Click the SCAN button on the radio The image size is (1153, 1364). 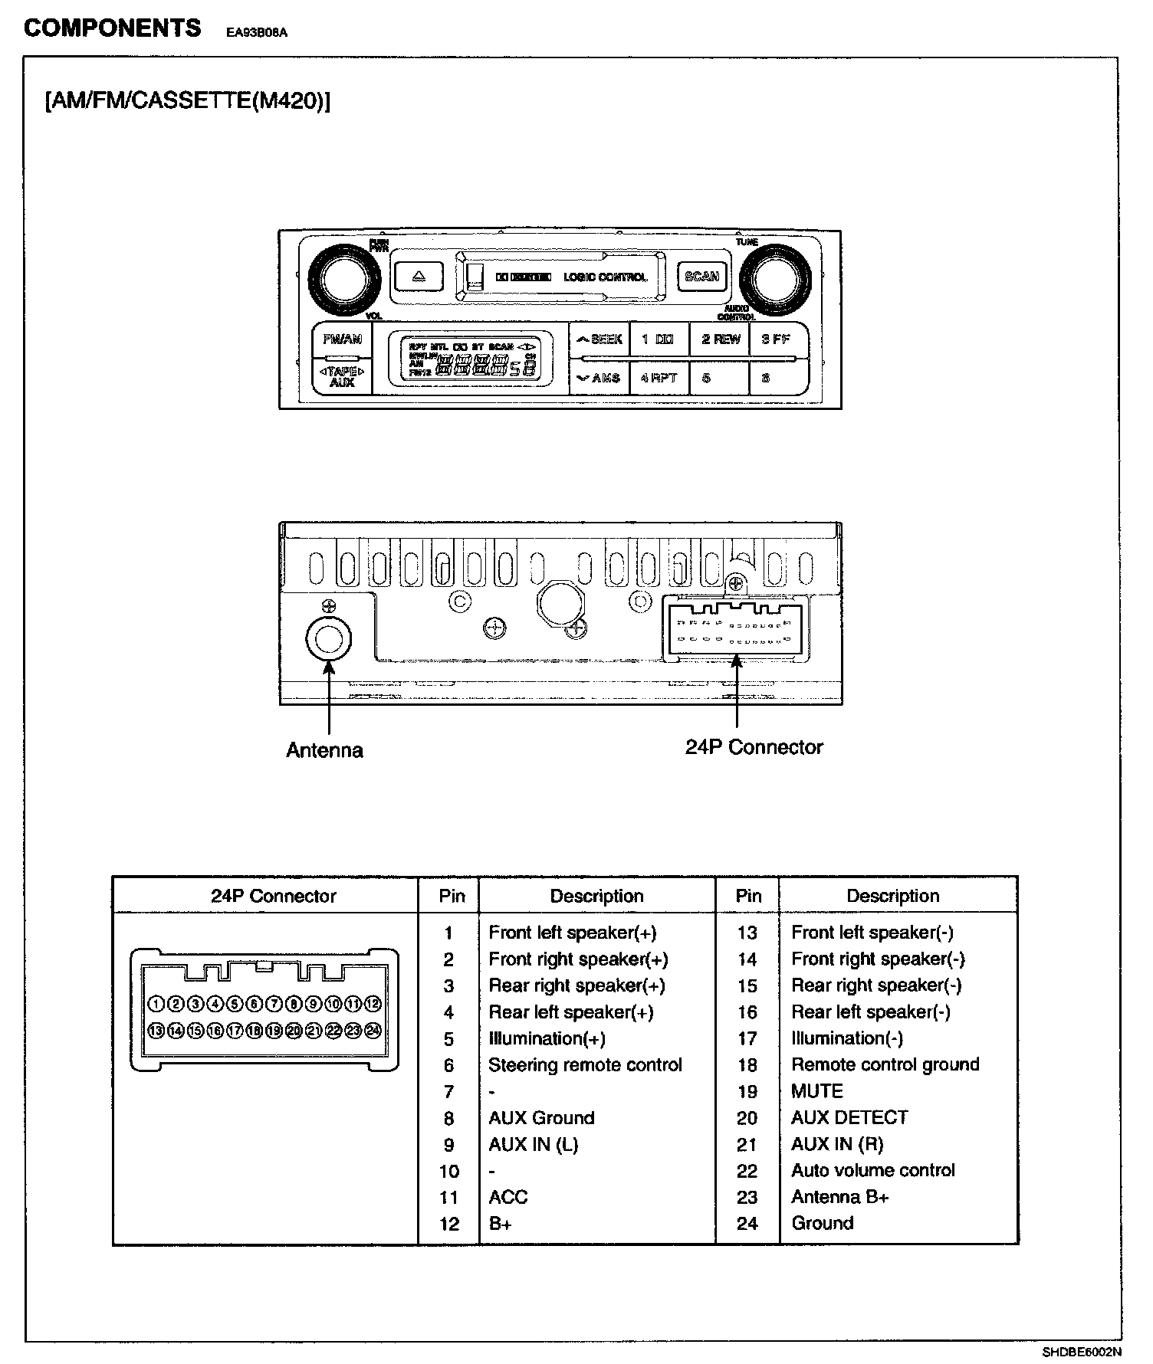[701, 277]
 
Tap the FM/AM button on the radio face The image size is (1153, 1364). [342, 339]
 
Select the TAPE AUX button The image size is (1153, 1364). [342, 376]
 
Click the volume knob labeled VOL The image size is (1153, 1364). [344, 280]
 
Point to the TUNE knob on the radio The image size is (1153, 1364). [774, 280]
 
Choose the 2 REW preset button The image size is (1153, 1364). [721, 339]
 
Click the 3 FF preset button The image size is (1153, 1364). [776, 339]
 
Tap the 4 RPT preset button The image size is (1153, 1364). [659, 378]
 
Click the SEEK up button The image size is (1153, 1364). [599, 339]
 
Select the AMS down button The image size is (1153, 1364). [599, 378]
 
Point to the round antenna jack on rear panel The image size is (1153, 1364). [328, 638]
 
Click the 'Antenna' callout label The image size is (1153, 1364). [324, 749]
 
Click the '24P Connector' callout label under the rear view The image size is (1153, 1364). [754, 747]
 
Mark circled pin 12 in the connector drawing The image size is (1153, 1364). [373, 1003]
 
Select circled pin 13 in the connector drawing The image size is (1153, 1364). [156, 1031]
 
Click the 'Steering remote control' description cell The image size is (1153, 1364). [585, 1065]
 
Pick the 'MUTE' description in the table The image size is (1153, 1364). [817, 1091]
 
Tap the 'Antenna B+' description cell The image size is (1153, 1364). [839, 1197]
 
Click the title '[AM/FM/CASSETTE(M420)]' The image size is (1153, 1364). [188, 101]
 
